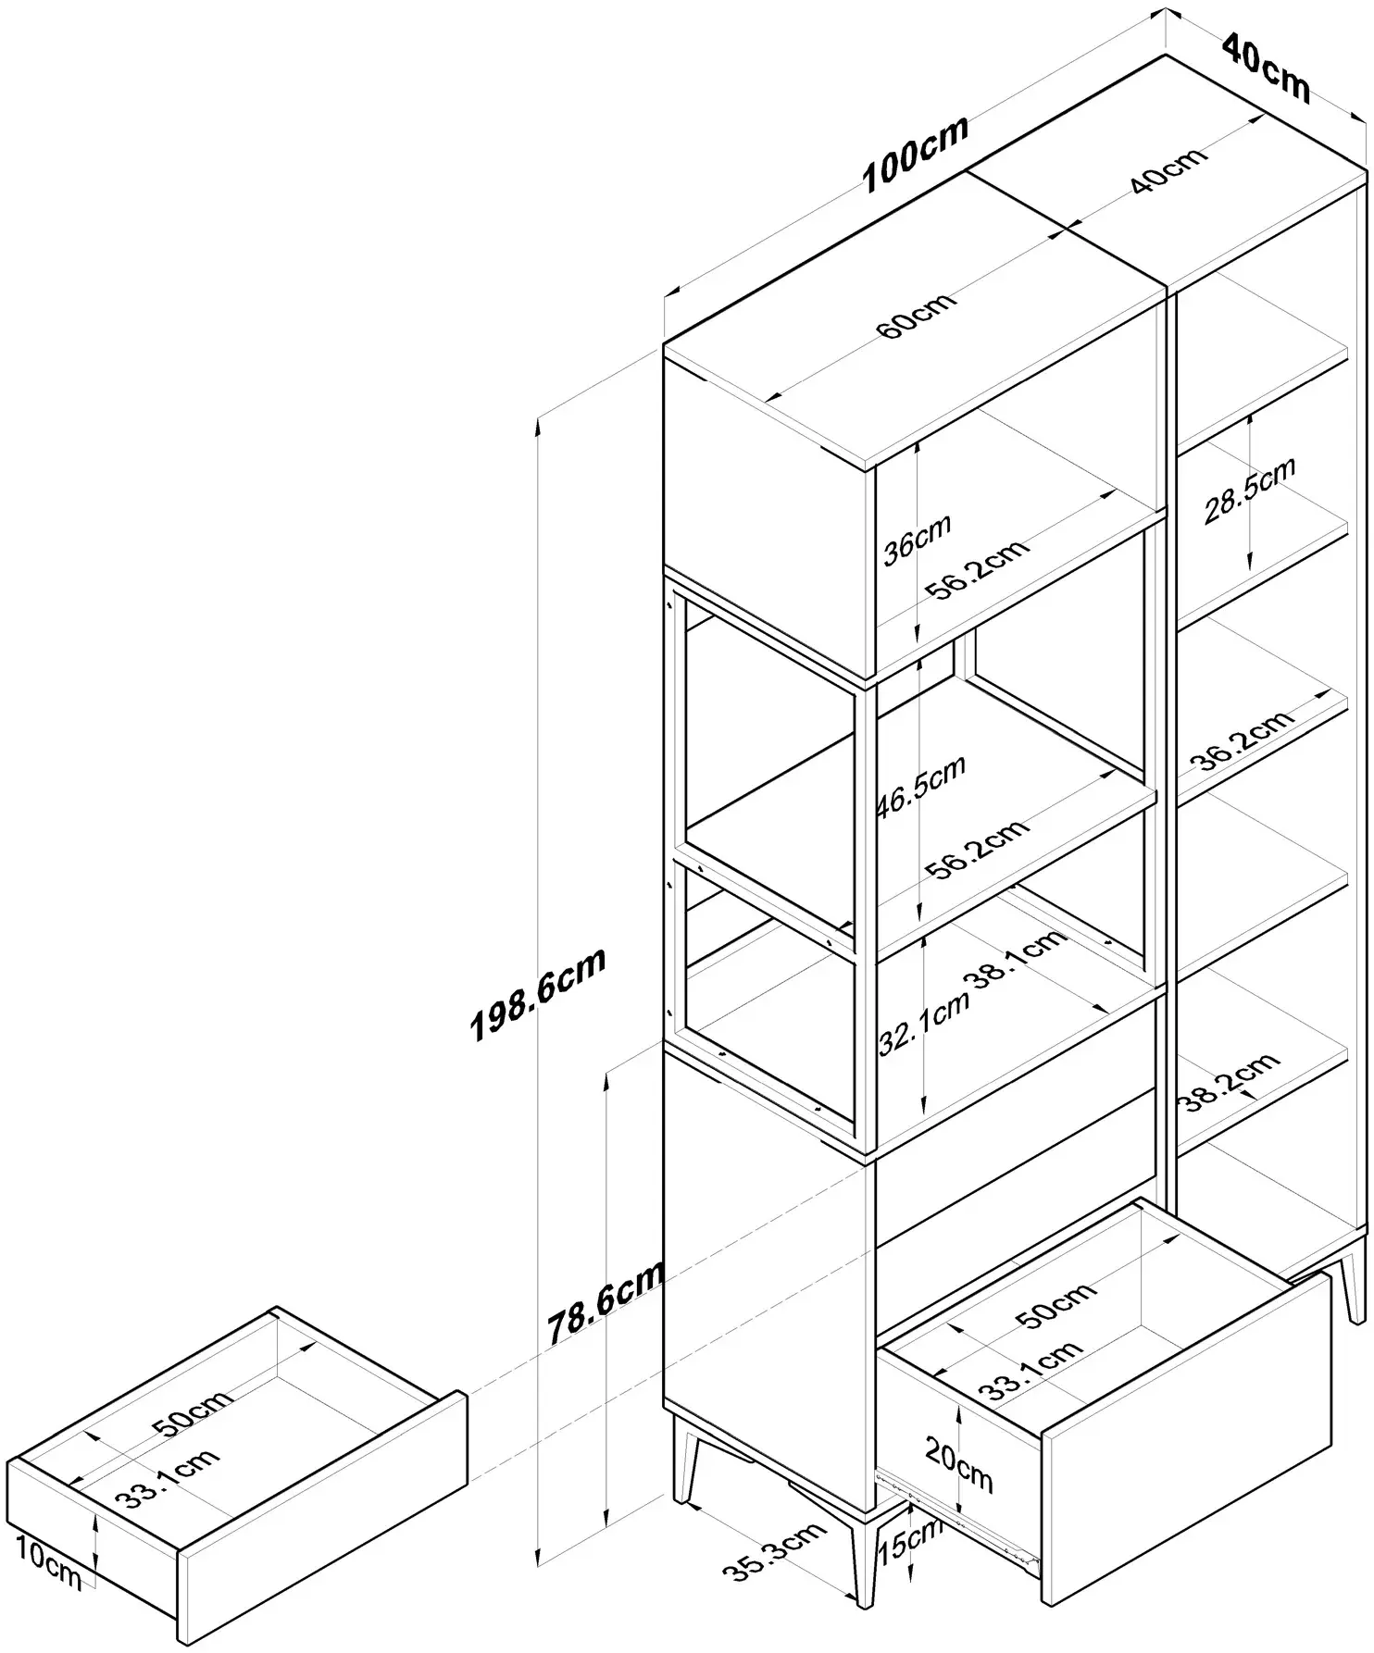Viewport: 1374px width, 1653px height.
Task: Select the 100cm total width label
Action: point(916,155)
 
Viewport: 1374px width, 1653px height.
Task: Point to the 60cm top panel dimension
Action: point(917,314)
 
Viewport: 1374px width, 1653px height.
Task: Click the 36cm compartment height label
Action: point(916,539)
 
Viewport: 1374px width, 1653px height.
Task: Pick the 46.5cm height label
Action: point(921,786)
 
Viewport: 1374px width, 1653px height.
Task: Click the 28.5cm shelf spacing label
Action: point(1250,491)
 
